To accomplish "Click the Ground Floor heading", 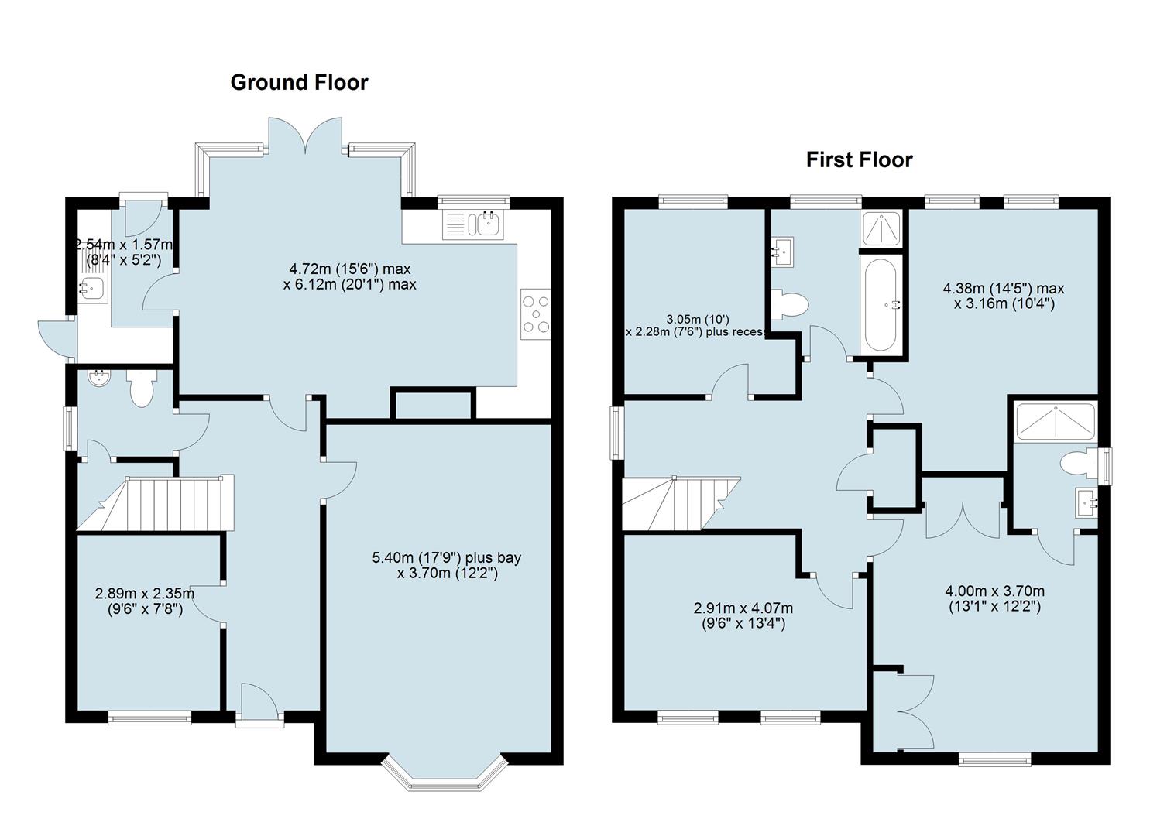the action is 299,83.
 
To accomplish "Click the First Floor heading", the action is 860,159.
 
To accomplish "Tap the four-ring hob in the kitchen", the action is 535,314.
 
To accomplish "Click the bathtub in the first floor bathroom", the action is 881,305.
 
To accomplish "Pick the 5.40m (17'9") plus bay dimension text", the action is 446,557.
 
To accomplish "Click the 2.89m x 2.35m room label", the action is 145,593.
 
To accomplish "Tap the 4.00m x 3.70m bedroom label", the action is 994,591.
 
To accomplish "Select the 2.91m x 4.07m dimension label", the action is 743,608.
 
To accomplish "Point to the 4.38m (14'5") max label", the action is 1004,289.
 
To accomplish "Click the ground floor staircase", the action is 156,503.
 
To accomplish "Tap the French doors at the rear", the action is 305,135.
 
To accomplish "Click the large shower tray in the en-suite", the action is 1056,423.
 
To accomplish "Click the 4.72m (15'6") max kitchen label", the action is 349,269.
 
